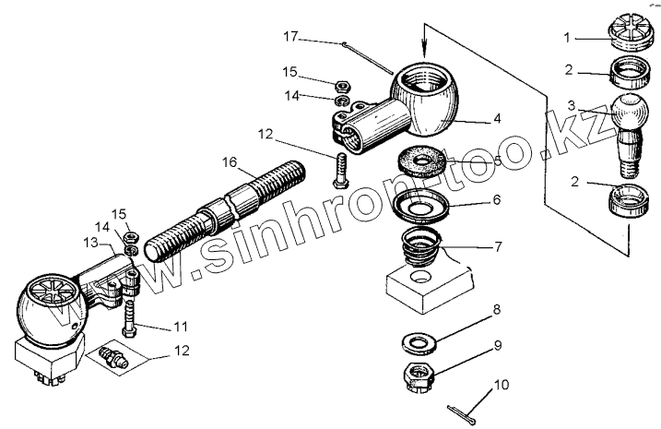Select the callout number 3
[572, 105]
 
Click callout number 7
[497, 247]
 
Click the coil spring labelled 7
[421, 252]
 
